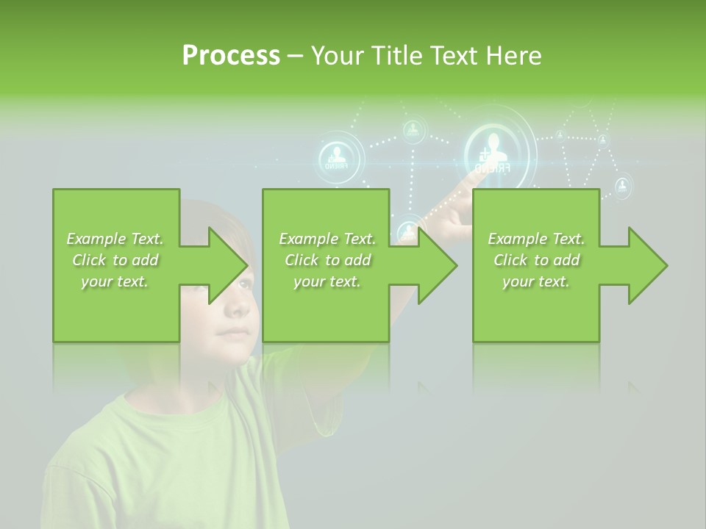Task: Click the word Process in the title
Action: click(231, 55)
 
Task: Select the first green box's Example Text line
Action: click(115, 239)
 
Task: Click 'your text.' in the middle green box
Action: click(327, 281)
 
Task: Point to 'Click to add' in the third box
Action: click(537, 260)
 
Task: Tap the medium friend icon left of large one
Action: click(340, 156)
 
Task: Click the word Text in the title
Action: click(452, 55)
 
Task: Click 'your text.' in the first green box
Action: click(115, 281)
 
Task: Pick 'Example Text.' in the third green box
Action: click(536, 239)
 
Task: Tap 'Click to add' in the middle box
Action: click(327, 260)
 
